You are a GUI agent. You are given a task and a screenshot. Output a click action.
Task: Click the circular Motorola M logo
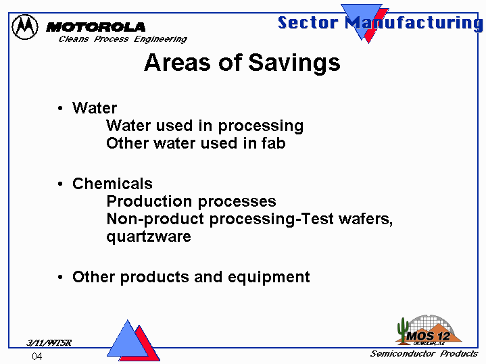25,27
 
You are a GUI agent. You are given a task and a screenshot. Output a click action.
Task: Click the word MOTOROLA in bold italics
95,27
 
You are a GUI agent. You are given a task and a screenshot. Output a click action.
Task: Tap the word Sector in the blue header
308,23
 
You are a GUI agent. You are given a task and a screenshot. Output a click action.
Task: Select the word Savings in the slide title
294,63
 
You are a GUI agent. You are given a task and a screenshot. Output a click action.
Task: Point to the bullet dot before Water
60,109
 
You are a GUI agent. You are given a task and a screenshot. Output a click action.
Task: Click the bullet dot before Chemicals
60,184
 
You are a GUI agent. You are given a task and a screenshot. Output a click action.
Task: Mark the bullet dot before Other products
60,277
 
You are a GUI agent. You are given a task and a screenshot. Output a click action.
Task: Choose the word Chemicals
112,184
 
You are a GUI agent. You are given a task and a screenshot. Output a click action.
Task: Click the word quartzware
149,237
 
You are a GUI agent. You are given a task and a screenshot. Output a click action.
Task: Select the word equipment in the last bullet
269,278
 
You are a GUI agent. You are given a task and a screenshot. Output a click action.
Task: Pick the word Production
149,201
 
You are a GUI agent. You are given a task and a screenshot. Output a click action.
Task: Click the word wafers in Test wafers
366,219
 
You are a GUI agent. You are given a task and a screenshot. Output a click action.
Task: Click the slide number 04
37,357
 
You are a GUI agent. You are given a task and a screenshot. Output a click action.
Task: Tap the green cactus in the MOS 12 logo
403,331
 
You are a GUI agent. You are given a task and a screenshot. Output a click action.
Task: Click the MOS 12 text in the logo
428,336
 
